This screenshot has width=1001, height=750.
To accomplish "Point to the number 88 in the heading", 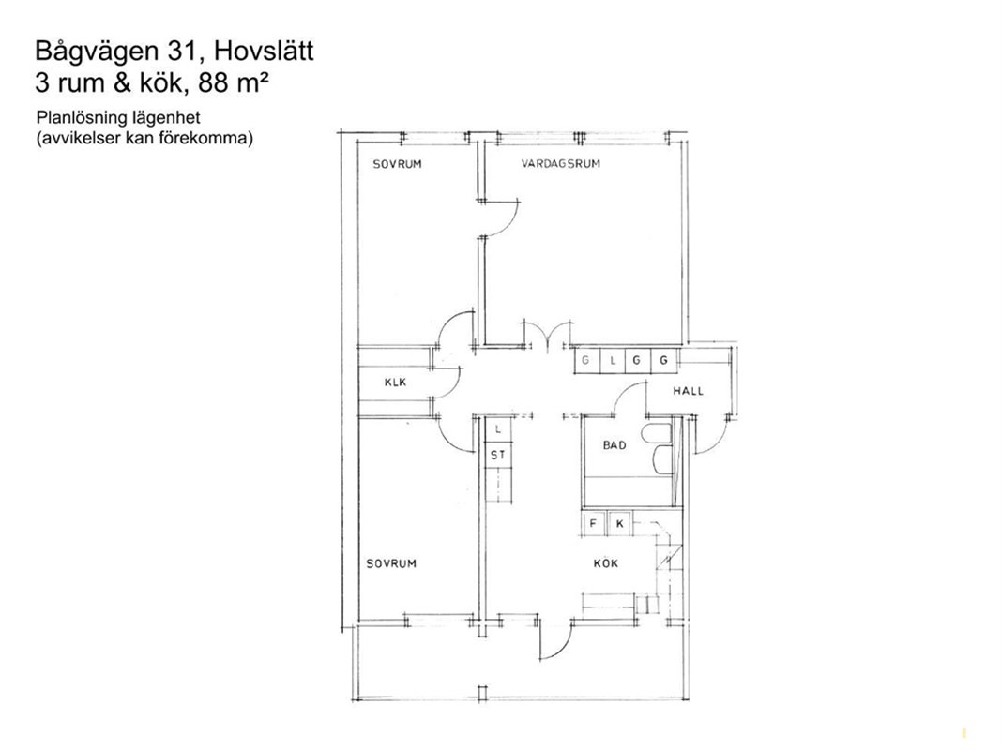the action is (214, 82).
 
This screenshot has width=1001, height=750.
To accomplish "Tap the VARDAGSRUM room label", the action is (560, 164).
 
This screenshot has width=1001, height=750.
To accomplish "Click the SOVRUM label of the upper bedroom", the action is (397, 165).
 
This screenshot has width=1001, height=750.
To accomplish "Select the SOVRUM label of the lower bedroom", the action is (390, 563).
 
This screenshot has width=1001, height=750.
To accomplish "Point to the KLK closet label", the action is (395, 382).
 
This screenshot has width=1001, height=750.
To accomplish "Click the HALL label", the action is (689, 391).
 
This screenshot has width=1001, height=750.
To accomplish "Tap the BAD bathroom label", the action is (614, 445).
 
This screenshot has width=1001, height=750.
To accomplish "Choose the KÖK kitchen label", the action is (605, 563).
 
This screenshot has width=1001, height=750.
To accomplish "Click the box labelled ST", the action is (498, 455).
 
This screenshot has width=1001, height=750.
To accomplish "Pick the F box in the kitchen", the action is (593, 524).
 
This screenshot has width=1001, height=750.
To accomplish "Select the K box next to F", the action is (619, 524).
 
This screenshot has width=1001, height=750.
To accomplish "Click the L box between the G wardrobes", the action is (613, 361).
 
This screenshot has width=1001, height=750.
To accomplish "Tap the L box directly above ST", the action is (498, 430).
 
